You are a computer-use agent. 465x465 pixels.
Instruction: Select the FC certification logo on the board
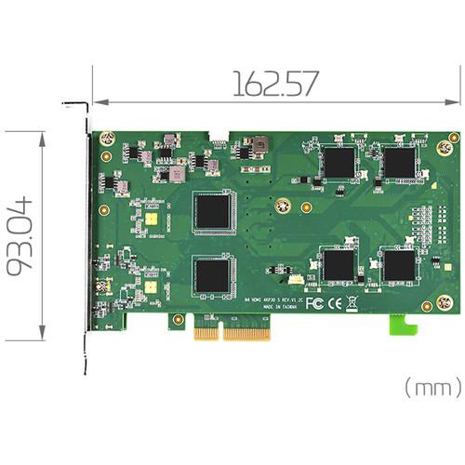coord(314,302)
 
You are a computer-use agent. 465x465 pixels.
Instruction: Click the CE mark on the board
coord(335,302)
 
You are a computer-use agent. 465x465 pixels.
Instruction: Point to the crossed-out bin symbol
coord(352,302)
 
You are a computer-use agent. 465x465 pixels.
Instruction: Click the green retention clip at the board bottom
coord(401,325)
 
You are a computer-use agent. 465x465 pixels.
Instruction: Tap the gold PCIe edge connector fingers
coord(232,331)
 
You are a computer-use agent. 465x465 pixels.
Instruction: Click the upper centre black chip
coord(213,213)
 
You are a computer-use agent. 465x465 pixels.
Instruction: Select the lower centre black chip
coord(213,275)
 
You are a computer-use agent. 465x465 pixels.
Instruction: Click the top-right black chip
coord(400,163)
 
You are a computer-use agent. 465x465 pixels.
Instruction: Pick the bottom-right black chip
coord(400,266)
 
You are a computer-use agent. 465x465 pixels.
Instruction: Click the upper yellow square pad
coord(151,219)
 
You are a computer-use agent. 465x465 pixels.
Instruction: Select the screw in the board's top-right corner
coord(453,139)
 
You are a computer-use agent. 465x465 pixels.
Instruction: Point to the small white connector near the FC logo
coord(292,279)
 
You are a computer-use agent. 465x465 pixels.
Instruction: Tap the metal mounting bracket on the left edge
coord(87,232)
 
